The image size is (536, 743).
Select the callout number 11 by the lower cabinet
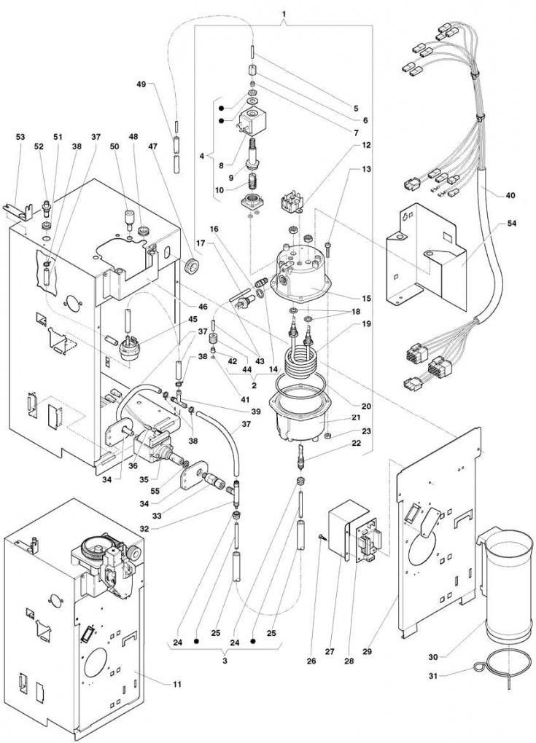click(176, 684)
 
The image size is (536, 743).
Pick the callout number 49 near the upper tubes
click(141, 84)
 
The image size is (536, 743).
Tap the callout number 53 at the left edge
click(20, 137)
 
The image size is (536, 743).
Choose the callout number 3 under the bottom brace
click(225, 660)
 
